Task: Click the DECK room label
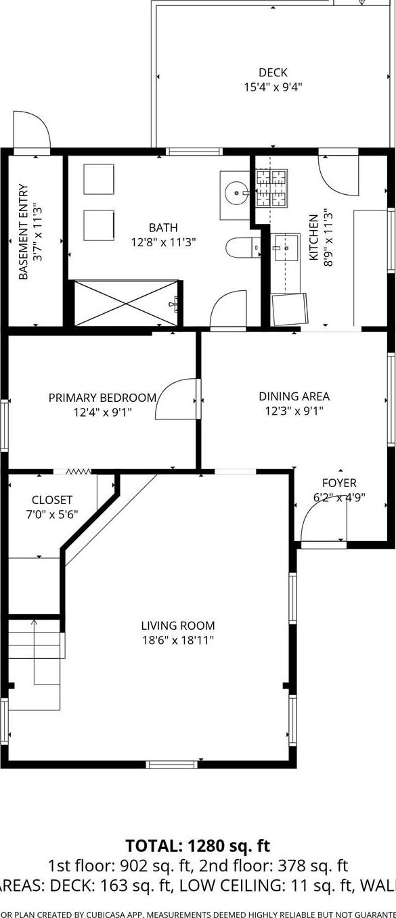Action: (273, 72)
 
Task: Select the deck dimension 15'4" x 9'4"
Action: (273, 87)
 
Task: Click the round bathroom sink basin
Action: (236, 193)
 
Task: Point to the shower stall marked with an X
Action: (127, 302)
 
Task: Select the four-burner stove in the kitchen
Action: (272, 187)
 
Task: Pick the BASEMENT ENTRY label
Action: (23, 232)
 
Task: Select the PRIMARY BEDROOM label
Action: (102, 398)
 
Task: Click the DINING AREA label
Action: (294, 396)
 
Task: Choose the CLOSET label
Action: (52, 500)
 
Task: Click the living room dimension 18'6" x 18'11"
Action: (178, 640)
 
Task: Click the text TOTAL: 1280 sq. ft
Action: (198, 846)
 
